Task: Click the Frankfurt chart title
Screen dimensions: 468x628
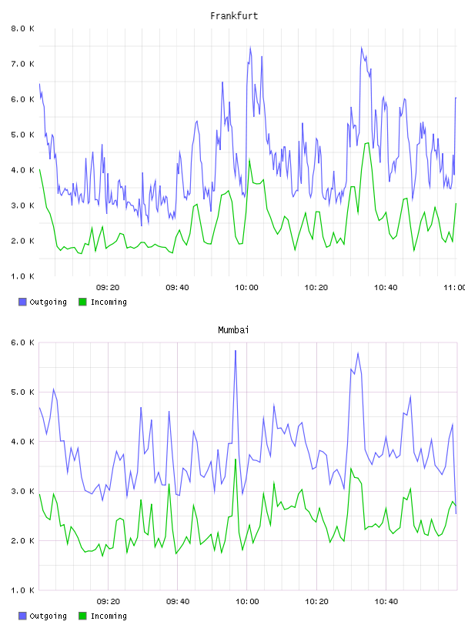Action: [x=234, y=16]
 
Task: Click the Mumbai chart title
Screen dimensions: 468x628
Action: [x=233, y=330]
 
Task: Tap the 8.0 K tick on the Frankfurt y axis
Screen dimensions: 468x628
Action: [x=22, y=28]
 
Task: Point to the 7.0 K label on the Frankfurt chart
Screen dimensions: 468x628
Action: [x=22, y=64]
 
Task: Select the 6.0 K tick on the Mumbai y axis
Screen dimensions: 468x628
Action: [x=22, y=342]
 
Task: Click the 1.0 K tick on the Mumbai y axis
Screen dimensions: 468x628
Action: [x=22, y=590]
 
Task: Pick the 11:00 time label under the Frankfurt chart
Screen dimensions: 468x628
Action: [x=455, y=288]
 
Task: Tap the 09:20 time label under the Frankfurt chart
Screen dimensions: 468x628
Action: [x=108, y=288]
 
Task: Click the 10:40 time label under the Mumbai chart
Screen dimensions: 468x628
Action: [x=386, y=602]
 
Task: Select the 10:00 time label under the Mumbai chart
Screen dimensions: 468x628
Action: [x=247, y=602]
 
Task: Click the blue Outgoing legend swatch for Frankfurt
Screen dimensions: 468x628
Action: [x=22, y=302]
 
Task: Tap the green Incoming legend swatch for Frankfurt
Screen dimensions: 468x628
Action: [x=82, y=302]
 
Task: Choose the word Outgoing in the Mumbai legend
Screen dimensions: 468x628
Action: [x=48, y=616]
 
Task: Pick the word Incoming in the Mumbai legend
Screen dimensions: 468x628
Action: [x=109, y=616]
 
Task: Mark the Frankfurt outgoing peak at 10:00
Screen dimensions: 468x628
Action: [x=250, y=47]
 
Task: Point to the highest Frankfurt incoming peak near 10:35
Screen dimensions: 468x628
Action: [x=367, y=143]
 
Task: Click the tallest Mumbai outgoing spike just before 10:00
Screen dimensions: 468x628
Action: [x=236, y=351]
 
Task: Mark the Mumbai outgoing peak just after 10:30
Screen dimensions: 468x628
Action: [x=358, y=353]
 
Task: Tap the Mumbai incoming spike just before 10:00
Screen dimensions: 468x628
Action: [x=236, y=459]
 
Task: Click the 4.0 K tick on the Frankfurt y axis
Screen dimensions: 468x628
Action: [x=22, y=170]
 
